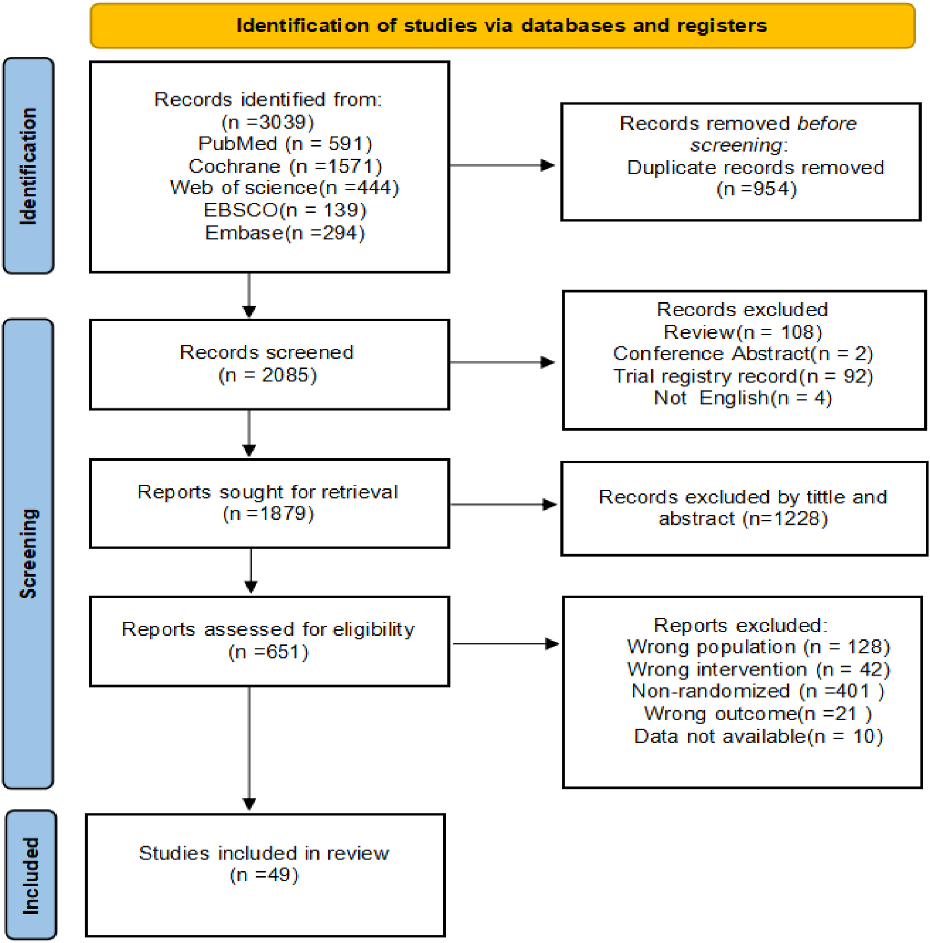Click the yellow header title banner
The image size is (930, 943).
click(502, 26)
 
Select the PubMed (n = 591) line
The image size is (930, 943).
click(285, 144)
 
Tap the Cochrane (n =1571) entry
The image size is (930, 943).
click(285, 166)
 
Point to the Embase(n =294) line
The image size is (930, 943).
click(285, 233)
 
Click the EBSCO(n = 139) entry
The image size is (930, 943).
click(285, 210)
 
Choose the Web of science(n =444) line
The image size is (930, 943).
click(284, 188)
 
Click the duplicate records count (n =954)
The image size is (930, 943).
click(756, 189)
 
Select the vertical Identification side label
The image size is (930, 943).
click(28, 165)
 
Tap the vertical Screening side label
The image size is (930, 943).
click(28, 553)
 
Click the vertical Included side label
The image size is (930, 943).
click(31, 875)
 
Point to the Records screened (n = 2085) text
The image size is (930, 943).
click(267, 364)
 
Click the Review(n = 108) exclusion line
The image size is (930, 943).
click(742, 332)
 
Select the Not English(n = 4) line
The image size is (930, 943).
click(742, 398)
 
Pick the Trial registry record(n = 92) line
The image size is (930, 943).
click(742, 376)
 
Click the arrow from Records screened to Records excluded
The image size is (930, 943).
click(502, 362)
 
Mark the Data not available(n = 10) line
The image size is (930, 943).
click(758, 736)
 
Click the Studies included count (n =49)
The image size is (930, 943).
click(264, 875)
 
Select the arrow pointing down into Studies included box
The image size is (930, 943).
click(249, 802)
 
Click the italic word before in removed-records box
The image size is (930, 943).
click(826, 123)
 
